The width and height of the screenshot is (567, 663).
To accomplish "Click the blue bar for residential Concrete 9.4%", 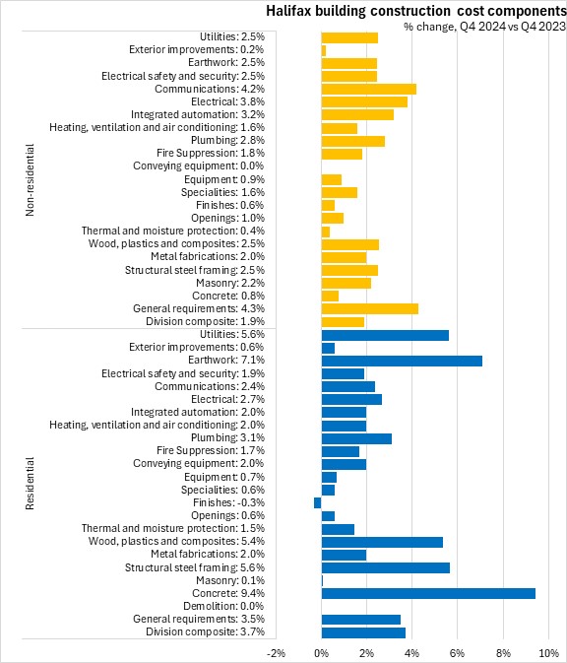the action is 428,593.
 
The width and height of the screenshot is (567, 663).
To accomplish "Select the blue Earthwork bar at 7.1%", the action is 402,361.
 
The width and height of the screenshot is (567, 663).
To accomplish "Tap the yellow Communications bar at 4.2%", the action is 369,90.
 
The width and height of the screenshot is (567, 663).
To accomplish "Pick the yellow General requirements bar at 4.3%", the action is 370,308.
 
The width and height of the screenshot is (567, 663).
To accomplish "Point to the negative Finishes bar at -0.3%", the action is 318,502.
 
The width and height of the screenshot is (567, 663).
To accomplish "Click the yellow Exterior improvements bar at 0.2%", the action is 324,51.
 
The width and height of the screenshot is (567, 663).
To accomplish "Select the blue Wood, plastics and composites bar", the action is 382,542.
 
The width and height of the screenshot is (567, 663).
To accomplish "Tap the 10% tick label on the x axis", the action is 549,653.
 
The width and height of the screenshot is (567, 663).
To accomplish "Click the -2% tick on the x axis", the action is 277,653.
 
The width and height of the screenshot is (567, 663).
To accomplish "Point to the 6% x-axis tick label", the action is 458,653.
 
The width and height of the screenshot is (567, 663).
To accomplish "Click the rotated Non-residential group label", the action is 30,180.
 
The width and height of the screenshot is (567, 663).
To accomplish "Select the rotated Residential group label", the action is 30,484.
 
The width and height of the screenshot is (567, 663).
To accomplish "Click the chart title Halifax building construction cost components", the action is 415,11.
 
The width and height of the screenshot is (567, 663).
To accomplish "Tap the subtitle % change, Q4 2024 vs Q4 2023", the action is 484,27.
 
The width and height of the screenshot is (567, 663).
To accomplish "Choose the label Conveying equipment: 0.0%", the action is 199,166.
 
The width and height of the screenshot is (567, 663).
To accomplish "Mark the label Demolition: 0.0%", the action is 223,606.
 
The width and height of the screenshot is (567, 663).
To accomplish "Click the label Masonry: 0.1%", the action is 230,580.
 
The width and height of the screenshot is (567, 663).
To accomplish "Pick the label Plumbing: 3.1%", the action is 227,437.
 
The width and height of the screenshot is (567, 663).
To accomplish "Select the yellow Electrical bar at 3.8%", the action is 364,101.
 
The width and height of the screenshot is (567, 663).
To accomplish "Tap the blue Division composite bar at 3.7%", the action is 363,632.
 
